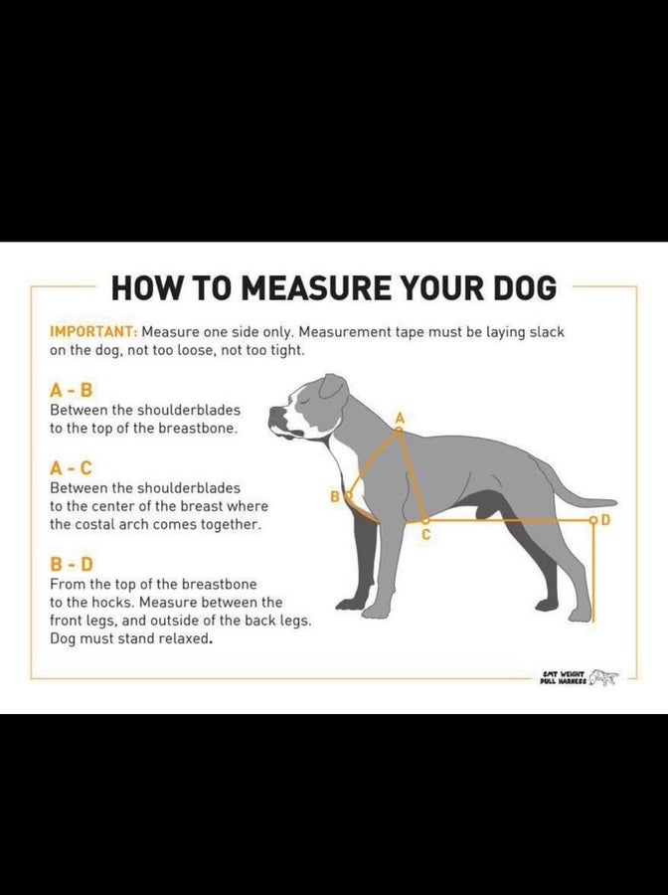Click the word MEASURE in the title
[x=316, y=287]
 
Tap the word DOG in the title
[x=522, y=287]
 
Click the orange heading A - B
[x=71, y=391]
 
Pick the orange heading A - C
[x=71, y=468]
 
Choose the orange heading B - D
[x=71, y=565]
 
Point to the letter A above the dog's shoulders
[x=400, y=418]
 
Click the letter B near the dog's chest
[x=335, y=496]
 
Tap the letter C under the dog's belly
[x=426, y=535]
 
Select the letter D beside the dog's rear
[x=605, y=520]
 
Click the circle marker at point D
[x=593, y=520]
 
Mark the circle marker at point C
[x=425, y=520]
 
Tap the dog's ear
[x=333, y=387]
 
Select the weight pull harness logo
[x=579, y=677]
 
